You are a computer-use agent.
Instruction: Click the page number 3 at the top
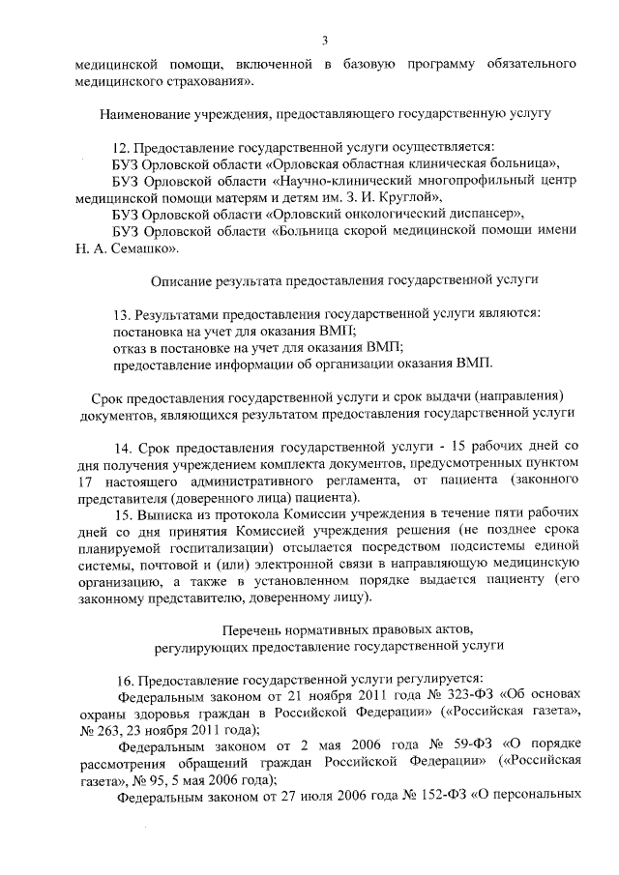point(326,40)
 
